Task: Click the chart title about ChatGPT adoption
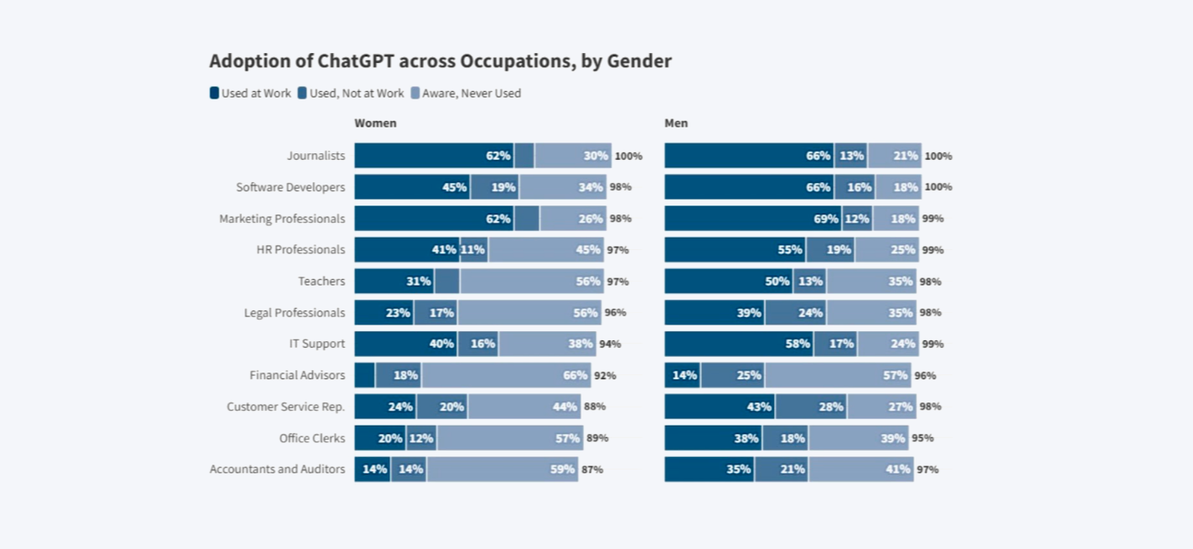click(x=440, y=61)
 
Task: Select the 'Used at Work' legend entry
click(x=250, y=94)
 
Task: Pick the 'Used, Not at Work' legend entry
click(x=350, y=94)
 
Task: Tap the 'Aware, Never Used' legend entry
click(x=466, y=94)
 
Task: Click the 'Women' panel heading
click(x=375, y=123)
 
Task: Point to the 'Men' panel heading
click(x=676, y=123)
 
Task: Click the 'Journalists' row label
click(x=316, y=156)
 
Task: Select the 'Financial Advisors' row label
click(x=297, y=375)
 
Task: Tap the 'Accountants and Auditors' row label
click(x=277, y=470)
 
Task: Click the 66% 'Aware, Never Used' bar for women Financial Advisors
click(x=506, y=375)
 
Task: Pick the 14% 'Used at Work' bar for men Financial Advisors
click(x=682, y=375)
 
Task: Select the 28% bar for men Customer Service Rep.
click(x=811, y=407)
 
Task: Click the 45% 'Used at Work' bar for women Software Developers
click(x=412, y=187)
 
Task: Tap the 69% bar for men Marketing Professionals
click(x=752, y=219)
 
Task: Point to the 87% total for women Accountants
click(x=592, y=470)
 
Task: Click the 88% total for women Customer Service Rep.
click(x=594, y=407)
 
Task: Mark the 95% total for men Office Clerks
click(x=922, y=438)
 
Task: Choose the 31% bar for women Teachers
click(x=394, y=282)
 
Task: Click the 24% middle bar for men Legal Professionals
click(x=795, y=313)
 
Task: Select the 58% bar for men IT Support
click(x=738, y=344)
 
